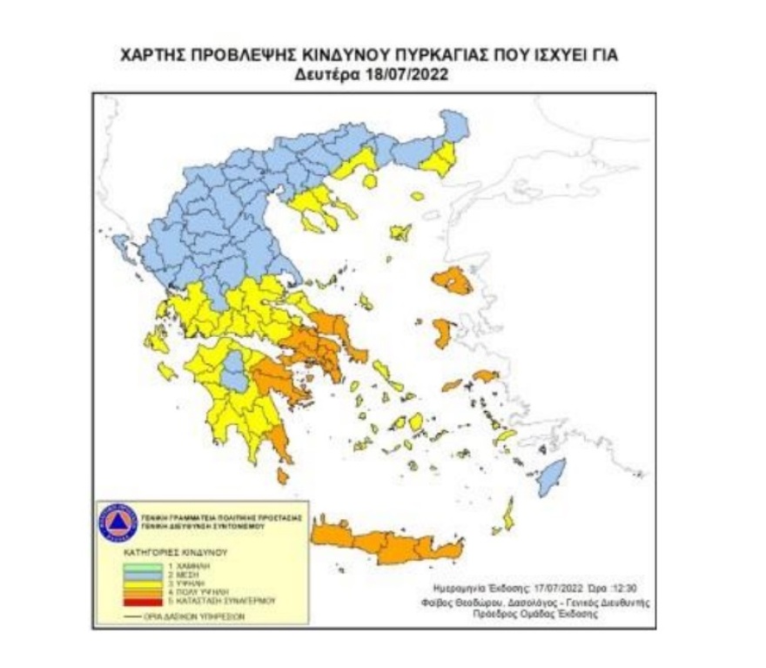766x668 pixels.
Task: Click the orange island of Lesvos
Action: [x=451, y=280]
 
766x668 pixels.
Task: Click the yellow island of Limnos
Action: [x=400, y=233]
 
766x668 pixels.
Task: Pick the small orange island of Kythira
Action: [x=283, y=476]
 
